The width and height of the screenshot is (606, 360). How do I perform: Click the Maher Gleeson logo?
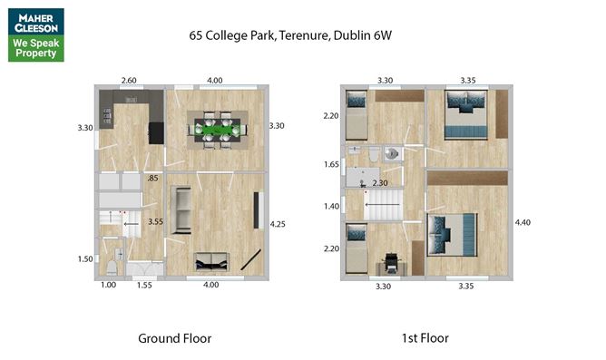pos(36,34)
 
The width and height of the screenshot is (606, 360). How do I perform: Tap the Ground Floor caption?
pos(175,338)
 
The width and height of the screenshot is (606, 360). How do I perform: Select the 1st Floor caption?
pos(425,338)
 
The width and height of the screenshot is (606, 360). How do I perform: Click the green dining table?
pos(217,130)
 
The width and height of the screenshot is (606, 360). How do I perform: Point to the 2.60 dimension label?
pos(129,81)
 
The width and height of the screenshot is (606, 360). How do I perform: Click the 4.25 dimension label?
pos(278,224)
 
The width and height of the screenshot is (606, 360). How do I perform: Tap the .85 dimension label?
pos(153,178)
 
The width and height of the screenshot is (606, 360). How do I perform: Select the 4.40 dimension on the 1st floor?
pos(523,222)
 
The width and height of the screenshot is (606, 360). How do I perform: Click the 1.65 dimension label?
pos(331,164)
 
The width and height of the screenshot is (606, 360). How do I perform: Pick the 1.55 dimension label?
pos(144,285)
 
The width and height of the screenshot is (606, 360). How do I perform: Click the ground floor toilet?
pos(112,268)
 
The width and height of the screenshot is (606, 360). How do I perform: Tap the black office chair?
pos(392,262)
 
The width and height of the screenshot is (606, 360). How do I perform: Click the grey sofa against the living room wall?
pos(181,210)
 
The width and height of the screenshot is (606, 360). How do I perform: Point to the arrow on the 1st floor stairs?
pos(383,204)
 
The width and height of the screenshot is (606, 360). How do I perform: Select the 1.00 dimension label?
pos(108,285)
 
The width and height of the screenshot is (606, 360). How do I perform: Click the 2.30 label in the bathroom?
pos(380,183)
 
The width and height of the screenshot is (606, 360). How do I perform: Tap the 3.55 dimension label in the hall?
pos(155,222)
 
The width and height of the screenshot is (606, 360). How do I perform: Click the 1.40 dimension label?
pos(332,206)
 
